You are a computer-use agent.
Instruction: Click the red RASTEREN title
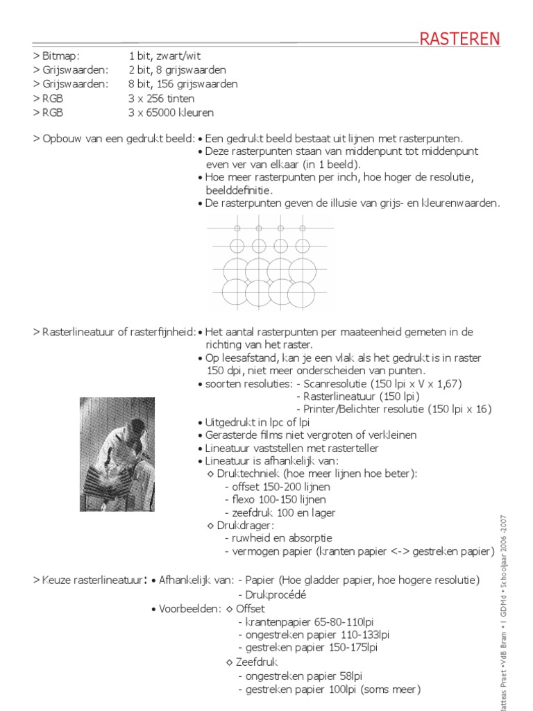point(459,39)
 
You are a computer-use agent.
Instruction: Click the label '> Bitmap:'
point(56,56)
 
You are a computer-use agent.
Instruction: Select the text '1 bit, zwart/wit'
point(164,56)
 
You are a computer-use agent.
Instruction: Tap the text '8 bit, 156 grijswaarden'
point(183,84)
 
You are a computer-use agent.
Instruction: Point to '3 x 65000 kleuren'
point(171,112)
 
